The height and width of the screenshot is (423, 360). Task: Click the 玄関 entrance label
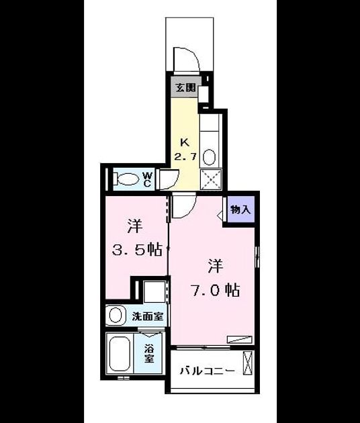point(185,87)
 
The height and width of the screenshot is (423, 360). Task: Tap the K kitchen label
point(185,143)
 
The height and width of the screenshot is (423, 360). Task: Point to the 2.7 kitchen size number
point(185,156)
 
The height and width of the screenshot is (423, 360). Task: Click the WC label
point(147,180)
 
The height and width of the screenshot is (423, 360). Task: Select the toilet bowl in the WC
point(127,179)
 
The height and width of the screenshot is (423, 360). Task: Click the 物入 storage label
point(240,209)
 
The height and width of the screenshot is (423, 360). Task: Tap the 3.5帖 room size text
point(137,250)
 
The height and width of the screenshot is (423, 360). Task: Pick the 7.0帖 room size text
point(216,290)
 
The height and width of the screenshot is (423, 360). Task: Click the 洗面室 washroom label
point(148,316)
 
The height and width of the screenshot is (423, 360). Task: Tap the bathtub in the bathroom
point(120,353)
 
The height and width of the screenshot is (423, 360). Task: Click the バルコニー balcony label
point(208,371)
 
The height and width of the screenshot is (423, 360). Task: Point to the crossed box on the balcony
point(249,363)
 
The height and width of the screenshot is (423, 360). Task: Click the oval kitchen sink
point(209,157)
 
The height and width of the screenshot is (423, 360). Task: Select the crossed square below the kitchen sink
point(211,179)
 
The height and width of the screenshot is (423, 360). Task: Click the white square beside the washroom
point(154,292)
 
